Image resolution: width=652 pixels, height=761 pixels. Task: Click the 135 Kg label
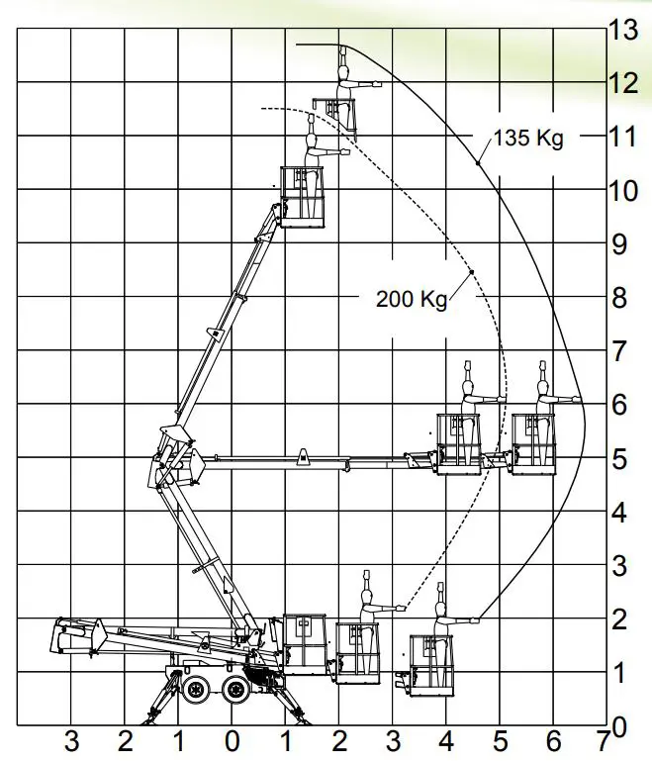528,138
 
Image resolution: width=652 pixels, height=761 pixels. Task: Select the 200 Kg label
412,298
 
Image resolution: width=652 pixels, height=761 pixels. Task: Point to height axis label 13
623,30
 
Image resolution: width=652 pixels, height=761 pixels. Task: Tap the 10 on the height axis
623,190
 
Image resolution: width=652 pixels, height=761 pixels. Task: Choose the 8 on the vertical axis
620,297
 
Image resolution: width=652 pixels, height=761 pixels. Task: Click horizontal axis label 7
604,739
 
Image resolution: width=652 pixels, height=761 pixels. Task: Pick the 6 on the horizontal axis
553,739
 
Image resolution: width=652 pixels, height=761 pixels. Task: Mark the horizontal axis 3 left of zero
71,739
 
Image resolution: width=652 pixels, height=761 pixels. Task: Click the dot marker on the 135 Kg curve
477,162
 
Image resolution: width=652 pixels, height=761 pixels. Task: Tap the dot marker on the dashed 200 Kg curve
473,271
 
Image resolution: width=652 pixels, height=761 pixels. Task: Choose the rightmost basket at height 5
532,445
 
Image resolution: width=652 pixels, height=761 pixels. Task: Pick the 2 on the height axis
620,619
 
